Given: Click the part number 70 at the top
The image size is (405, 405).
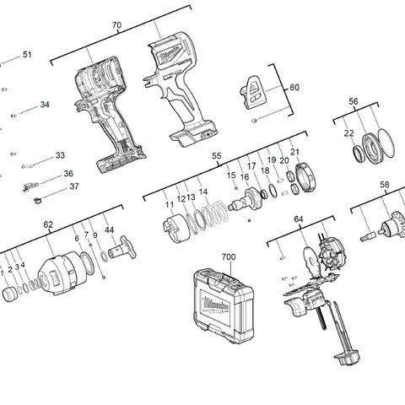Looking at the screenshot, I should pos(116,25).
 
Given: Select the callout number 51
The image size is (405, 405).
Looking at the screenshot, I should pos(27,55).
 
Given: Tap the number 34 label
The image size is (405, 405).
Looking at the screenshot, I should pos(45,105).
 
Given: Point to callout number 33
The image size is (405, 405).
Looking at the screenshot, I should pos(60,155).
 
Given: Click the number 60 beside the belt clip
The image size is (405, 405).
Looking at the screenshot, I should pos(294,88).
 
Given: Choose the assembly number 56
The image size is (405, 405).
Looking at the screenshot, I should pos(354,101).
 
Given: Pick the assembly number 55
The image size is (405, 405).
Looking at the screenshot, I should pos(216,156).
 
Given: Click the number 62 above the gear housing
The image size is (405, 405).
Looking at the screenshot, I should pos(48,224).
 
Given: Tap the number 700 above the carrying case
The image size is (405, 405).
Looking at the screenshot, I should pos(228,256).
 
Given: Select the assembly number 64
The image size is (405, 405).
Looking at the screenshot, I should pos(298,219).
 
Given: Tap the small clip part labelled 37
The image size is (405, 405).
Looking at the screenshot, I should pos(36,200).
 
